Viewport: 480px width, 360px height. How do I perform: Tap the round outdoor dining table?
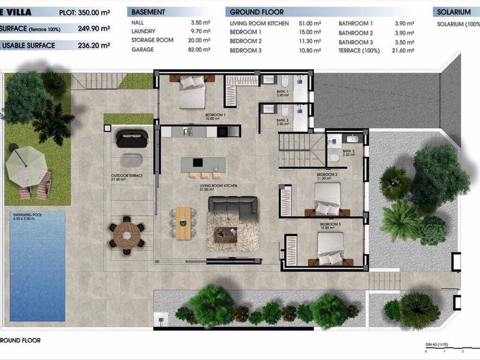click(127, 235)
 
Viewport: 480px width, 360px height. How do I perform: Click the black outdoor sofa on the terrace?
click(132, 138)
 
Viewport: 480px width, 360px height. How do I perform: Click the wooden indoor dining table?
click(184, 223)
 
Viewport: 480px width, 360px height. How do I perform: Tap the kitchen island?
click(203, 163)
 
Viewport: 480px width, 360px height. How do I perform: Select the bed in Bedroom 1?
click(192, 92)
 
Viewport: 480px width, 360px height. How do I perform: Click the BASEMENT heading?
click(148, 12)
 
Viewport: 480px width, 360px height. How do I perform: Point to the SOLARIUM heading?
click(453, 12)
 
